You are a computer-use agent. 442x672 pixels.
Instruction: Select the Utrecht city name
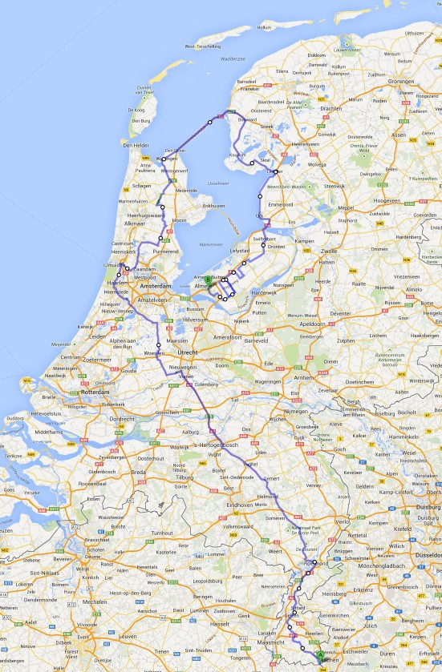[187, 352]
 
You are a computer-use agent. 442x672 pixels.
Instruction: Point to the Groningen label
[398, 81]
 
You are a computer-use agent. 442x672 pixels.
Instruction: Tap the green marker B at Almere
[208, 280]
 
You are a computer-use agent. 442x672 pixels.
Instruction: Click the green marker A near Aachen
[321, 654]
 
